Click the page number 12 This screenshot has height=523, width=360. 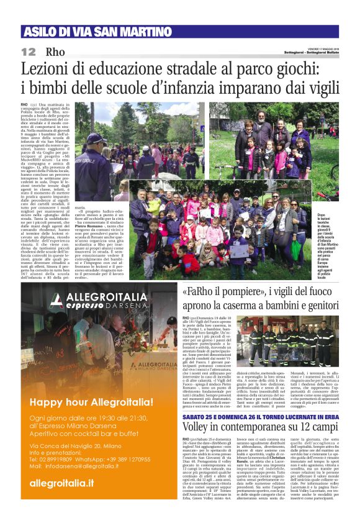point(29,52)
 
